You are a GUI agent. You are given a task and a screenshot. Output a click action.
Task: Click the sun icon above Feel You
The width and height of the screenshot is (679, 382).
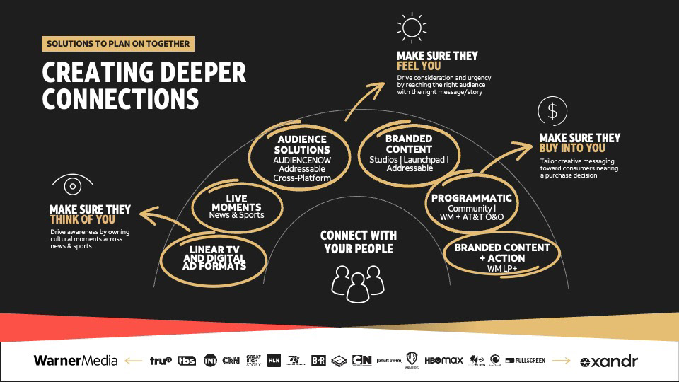(410, 27)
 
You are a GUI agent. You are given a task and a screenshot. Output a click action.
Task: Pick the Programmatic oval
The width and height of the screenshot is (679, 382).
(472, 203)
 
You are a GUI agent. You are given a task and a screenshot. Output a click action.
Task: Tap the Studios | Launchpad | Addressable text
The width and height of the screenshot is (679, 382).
(409, 165)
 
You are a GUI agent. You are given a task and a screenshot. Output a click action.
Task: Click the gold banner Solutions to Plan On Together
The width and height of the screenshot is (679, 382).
(118, 44)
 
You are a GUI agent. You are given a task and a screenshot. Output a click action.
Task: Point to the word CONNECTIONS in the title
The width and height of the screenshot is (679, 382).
(120, 99)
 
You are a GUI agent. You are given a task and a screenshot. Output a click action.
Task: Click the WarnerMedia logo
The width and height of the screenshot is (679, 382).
(76, 361)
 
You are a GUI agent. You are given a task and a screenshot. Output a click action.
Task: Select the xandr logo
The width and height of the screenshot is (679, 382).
(609, 361)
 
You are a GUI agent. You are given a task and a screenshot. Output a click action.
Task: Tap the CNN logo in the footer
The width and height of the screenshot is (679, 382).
(231, 361)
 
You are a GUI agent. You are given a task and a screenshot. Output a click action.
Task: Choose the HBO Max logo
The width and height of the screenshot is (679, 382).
(443, 361)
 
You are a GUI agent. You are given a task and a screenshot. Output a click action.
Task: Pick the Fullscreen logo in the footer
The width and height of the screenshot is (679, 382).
(526, 361)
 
